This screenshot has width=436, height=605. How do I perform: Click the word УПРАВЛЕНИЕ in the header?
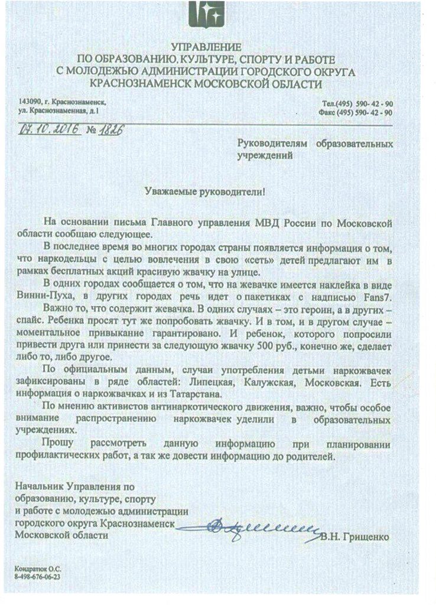click(206, 47)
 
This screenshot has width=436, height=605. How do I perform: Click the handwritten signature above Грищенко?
click(260, 525)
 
